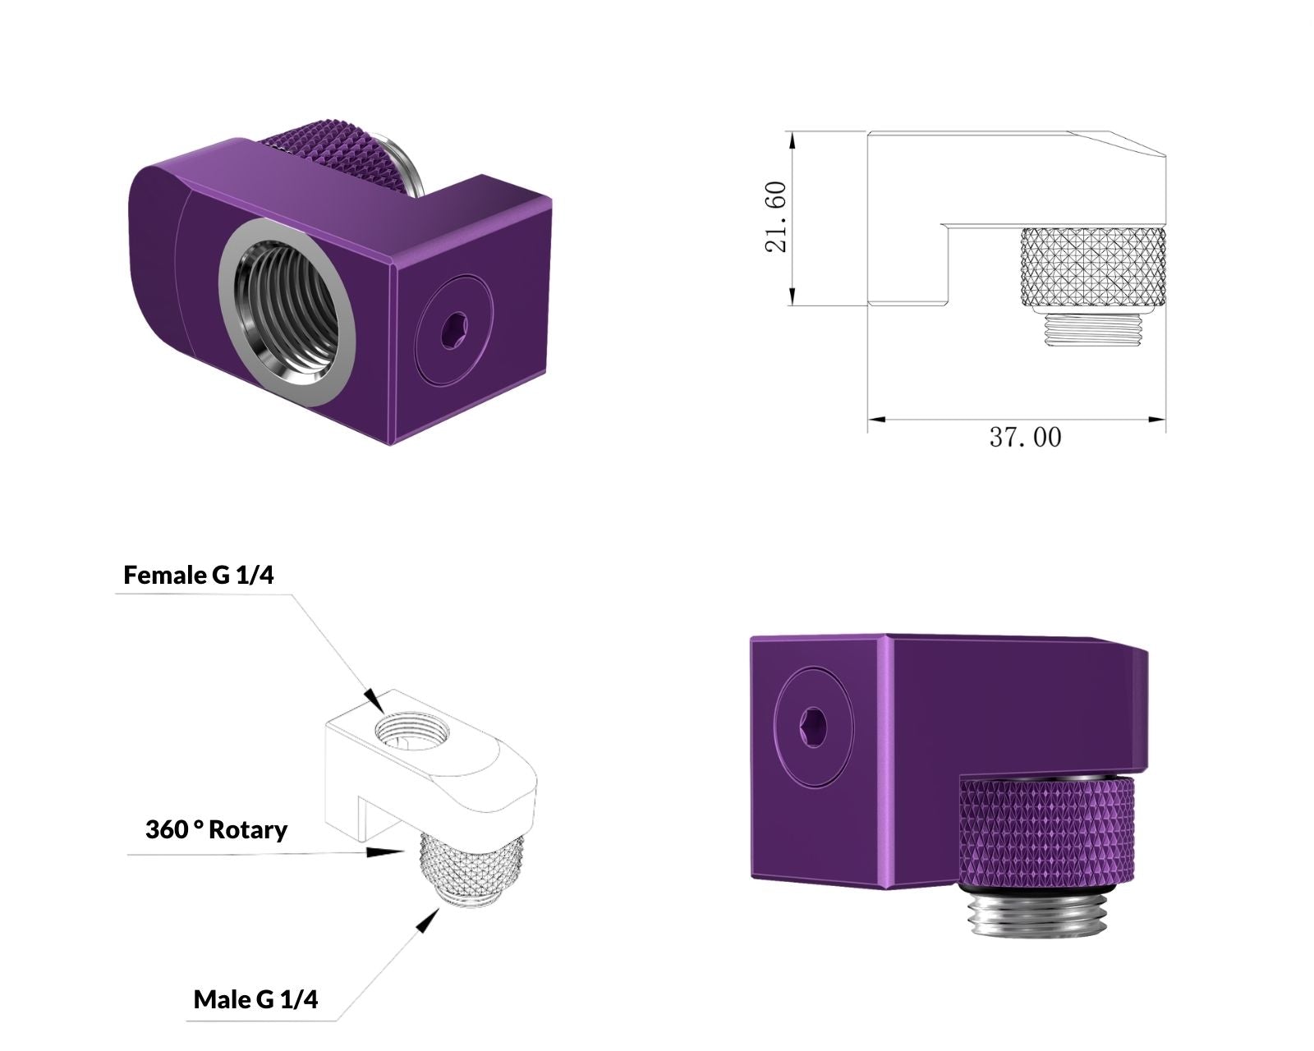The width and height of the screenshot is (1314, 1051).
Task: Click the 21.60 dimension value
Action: pyautogui.click(x=775, y=217)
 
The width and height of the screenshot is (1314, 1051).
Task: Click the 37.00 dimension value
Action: pyautogui.click(x=1025, y=438)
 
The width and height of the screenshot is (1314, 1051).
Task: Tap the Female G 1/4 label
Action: pyautogui.click(x=199, y=575)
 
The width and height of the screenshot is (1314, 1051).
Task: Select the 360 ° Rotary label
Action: pyautogui.click(x=216, y=830)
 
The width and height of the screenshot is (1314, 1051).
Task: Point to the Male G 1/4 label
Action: pyautogui.click(x=256, y=1000)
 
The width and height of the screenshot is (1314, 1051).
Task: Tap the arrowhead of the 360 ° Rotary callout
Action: pyautogui.click(x=384, y=851)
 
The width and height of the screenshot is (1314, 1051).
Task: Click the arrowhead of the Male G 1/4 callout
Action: pyautogui.click(x=428, y=920)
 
